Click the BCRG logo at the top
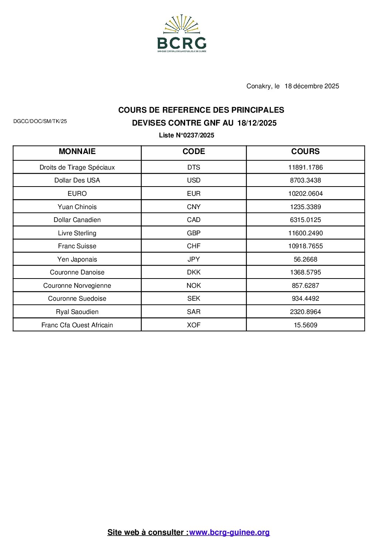point(182,34)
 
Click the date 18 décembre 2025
point(312,86)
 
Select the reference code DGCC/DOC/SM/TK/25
point(40,121)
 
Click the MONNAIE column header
point(77,151)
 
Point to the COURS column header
point(305,151)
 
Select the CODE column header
point(194,151)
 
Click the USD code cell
point(194,180)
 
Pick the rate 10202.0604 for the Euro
point(305,194)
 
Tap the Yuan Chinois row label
point(77,207)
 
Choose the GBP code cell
point(194,233)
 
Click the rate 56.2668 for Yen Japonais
point(305,259)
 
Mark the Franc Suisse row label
point(77,246)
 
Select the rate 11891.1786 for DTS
point(305,167)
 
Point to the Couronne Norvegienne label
point(77,286)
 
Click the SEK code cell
point(194,298)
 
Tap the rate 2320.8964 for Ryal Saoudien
point(305,312)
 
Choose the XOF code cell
point(194,325)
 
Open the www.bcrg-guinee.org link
point(229,532)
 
